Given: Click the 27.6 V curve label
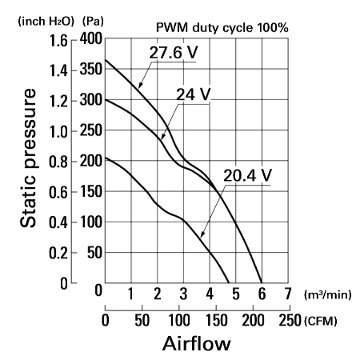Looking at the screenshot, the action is (174, 52).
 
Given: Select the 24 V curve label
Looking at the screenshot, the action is (194, 94).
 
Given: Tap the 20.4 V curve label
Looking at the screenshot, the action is (247, 175).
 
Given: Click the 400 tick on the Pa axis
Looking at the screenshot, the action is (91, 39).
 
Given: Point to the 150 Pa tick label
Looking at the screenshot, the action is (91, 191).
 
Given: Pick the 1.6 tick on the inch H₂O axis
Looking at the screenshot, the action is (58, 41).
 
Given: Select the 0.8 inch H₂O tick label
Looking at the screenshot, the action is (58, 162).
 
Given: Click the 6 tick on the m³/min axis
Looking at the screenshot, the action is (262, 294).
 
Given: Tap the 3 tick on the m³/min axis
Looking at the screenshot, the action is (183, 294).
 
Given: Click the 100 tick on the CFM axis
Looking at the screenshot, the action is (179, 320).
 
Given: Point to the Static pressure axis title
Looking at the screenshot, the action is (28, 158).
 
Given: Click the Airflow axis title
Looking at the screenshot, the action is (197, 343).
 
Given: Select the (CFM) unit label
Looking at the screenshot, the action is (320, 321).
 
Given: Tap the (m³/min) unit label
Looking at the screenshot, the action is (328, 294).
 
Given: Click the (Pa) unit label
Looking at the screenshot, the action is (93, 21).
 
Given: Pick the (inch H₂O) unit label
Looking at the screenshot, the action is (46, 21).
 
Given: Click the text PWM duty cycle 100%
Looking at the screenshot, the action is (222, 27).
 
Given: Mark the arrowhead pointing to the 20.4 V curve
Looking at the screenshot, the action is (202, 234).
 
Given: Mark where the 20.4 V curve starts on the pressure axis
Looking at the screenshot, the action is (105, 158).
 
